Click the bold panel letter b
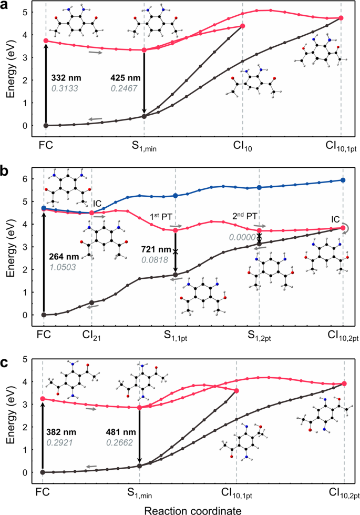(x=5, y=172)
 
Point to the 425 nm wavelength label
(x=124, y=77)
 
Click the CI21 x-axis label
(x=92, y=335)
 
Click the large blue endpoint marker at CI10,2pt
(x=343, y=180)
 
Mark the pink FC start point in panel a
(x=46, y=41)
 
